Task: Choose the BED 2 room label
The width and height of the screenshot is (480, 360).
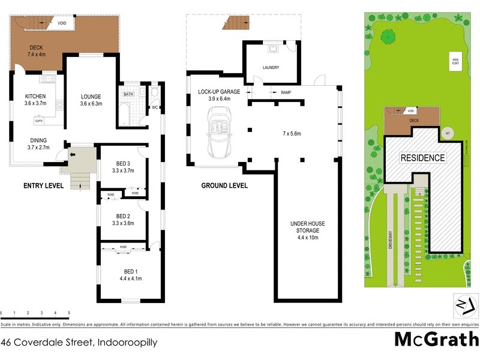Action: (x=123, y=219)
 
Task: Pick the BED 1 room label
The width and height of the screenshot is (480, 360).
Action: (x=122, y=274)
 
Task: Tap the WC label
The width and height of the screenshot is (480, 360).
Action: (x=154, y=109)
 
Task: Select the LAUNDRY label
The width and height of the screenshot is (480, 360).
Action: (x=271, y=67)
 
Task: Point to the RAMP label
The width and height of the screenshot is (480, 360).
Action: (x=286, y=92)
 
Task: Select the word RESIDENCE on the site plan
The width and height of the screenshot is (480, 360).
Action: (x=423, y=158)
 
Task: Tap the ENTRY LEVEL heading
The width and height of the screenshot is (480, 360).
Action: (x=43, y=186)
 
